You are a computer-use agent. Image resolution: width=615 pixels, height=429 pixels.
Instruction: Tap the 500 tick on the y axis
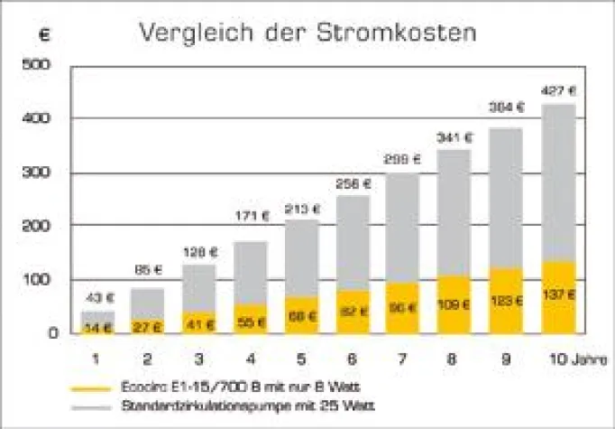coord(38,66)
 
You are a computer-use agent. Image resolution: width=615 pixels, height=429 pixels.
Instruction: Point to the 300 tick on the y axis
coord(38,173)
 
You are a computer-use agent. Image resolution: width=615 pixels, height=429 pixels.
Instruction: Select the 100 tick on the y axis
coord(38,279)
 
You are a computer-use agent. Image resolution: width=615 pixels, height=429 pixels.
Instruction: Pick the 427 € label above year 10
coord(558,90)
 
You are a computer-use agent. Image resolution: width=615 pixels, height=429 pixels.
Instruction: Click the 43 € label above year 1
coord(98,298)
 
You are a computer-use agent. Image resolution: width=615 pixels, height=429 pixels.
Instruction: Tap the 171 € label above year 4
coord(252,216)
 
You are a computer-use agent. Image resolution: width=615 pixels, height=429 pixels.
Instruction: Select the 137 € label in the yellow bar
coord(558,294)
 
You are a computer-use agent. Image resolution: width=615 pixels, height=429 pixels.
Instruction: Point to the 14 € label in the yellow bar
coord(98,326)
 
